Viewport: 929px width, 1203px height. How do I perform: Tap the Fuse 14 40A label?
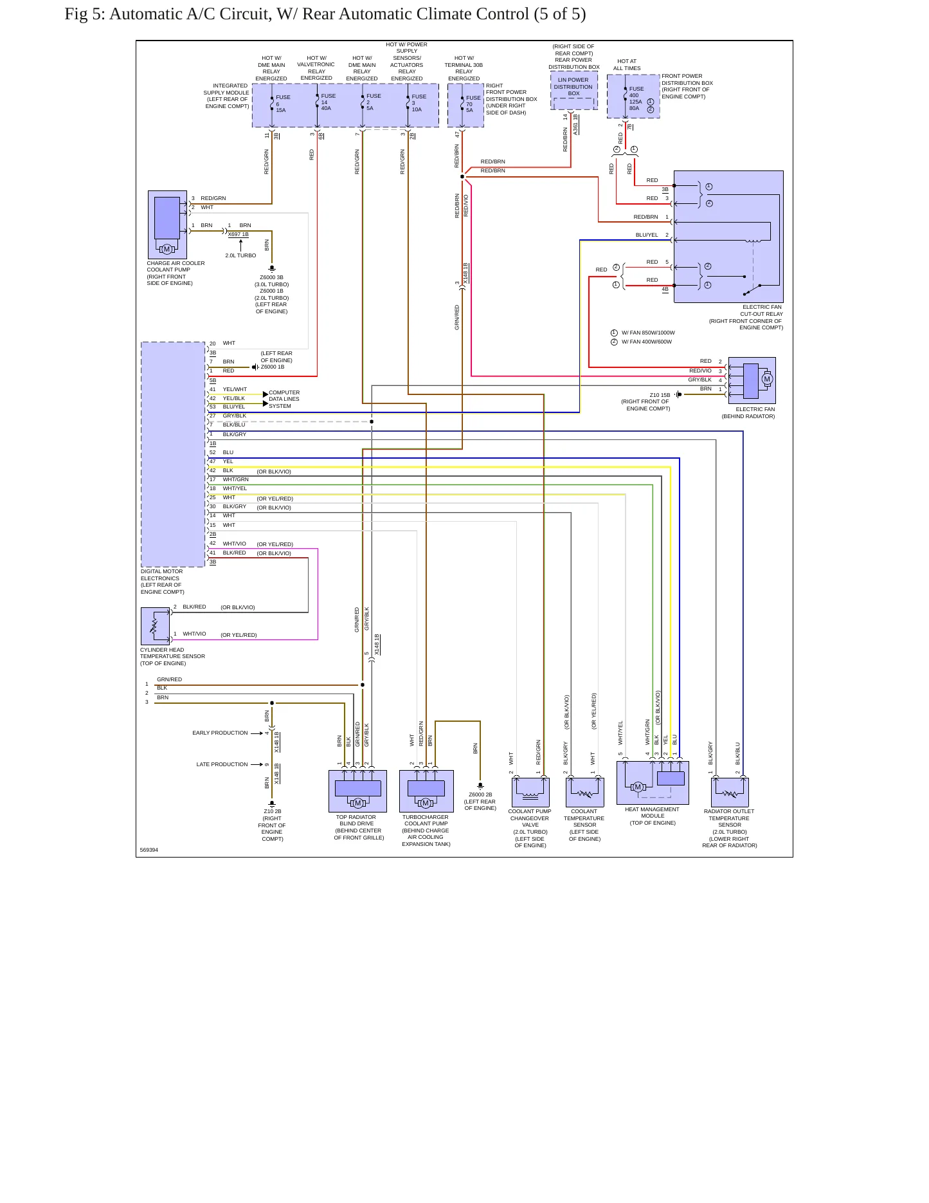click(328, 102)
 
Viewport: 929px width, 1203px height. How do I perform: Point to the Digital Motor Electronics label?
click(162, 582)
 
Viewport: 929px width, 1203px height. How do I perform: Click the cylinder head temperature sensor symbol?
click(155, 626)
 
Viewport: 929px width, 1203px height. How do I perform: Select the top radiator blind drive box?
click(357, 791)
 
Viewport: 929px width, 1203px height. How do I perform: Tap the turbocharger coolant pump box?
click(426, 791)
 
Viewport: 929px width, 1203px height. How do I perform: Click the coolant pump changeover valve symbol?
click(530, 792)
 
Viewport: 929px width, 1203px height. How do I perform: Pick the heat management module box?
click(653, 783)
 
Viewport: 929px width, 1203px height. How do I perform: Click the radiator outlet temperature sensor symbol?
click(730, 792)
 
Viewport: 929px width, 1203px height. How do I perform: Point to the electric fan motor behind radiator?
click(752, 380)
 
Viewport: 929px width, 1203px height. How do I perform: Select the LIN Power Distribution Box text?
click(573, 87)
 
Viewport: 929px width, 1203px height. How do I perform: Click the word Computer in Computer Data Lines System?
click(284, 392)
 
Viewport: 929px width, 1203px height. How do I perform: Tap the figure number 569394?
click(149, 850)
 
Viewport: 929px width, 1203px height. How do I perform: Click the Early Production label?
click(220, 733)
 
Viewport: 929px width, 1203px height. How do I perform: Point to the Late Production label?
click(222, 764)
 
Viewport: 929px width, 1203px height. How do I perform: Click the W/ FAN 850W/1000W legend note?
click(648, 333)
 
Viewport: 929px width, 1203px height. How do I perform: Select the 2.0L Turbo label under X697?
click(240, 255)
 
